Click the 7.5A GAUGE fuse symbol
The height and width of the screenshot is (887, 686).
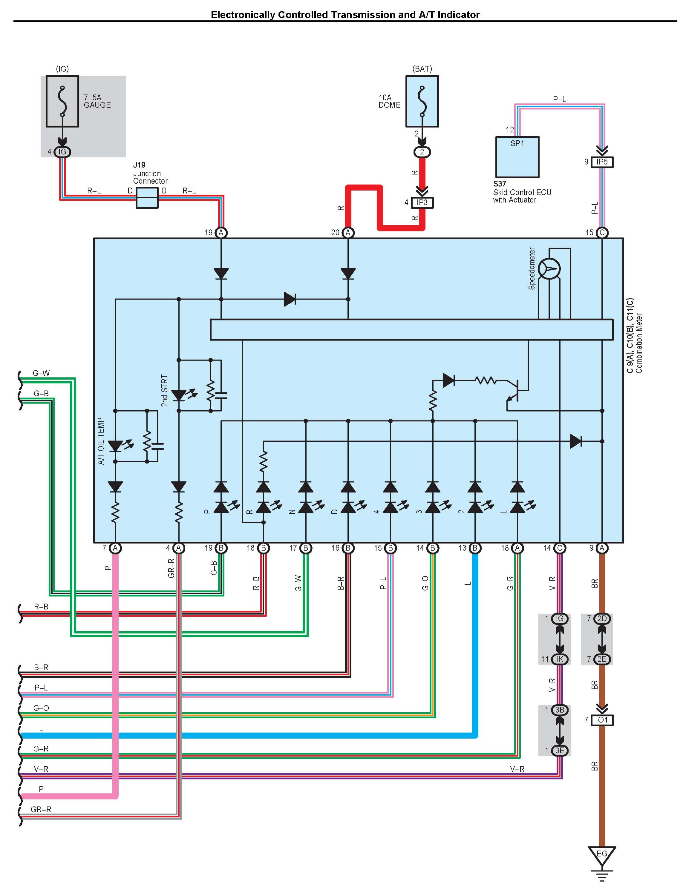pyautogui.click(x=62, y=101)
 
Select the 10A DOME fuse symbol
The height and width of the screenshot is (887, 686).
pyautogui.click(x=422, y=101)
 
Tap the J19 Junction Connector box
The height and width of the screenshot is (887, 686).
pyautogui.click(x=147, y=198)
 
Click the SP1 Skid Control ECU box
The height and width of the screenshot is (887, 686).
pyautogui.click(x=517, y=157)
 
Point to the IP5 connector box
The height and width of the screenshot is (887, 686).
pyautogui.click(x=602, y=162)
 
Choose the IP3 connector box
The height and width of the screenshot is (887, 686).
pyautogui.click(x=422, y=202)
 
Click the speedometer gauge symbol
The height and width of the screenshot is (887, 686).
pyautogui.click(x=549, y=269)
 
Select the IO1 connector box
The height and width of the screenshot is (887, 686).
pyautogui.click(x=602, y=720)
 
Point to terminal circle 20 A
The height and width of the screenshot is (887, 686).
pyautogui.click(x=348, y=233)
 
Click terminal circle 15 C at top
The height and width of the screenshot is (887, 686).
pyautogui.click(x=602, y=233)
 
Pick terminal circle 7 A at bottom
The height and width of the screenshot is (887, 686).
pyautogui.click(x=115, y=548)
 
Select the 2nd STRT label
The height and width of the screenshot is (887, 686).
pyautogui.click(x=164, y=390)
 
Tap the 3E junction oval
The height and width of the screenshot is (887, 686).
pyautogui.click(x=560, y=751)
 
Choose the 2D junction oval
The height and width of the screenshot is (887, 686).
pyautogui.click(x=602, y=619)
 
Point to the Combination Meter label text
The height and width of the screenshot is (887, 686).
pyautogui.click(x=639, y=343)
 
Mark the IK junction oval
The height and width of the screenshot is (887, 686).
pyautogui.click(x=560, y=659)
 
